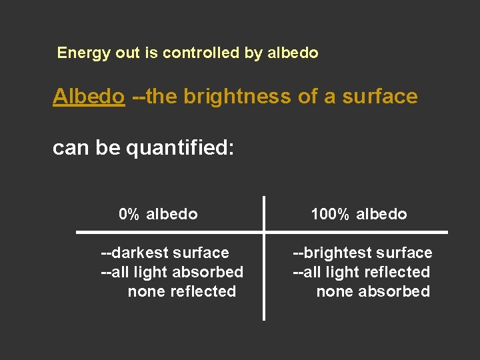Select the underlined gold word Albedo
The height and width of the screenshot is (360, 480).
tap(89, 97)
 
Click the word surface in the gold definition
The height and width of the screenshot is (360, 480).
tap(379, 97)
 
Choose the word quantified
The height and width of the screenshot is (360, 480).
tap(180, 148)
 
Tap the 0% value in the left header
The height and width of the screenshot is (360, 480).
tap(129, 214)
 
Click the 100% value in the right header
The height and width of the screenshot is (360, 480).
tap(330, 214)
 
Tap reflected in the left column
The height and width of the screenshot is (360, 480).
tap(205, 291)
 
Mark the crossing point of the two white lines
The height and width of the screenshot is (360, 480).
tap(264, 232)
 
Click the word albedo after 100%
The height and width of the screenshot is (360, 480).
tap(381, 214)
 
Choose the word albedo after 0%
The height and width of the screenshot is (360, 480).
tap(172, 214)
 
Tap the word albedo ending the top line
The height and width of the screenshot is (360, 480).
tap(293, 53)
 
